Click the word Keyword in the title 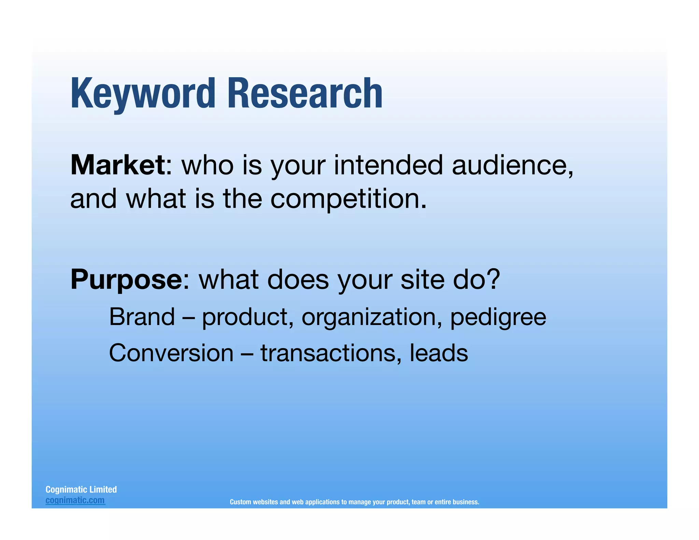point(143,94)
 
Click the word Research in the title point(304,94)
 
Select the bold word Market point(118,165)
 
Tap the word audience point(512,165)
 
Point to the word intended point(388,165)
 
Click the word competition point(348,199)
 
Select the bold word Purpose point(126,280)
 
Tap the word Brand point(142,317)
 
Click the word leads point(439,353)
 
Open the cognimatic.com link point(75,500)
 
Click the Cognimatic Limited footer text point(81,489)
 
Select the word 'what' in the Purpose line point(229,280)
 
